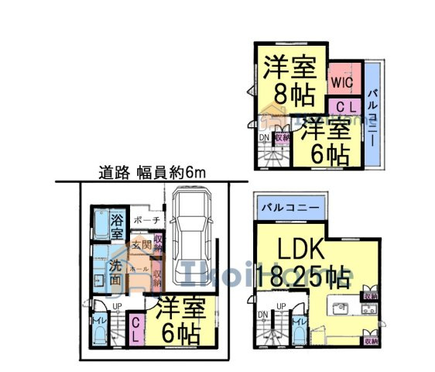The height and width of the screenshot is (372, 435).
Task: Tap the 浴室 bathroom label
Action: tap(117, 224)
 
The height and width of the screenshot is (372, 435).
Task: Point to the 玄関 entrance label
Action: tap(140, 246)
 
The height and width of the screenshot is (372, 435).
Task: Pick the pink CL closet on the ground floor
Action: tap(135, 330)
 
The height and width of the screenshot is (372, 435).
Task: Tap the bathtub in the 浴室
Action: tap(101, 224)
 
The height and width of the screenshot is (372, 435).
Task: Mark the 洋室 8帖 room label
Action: tap(290, 81)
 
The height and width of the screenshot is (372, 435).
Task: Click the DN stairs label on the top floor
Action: tap(263, 138)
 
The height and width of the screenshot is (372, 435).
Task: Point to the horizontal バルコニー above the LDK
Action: tap(287, 208)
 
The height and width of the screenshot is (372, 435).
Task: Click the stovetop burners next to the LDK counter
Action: tap(364, 310)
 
